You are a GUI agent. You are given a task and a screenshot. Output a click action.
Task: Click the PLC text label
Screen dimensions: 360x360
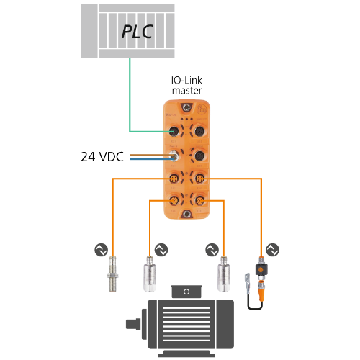tap(138, 32)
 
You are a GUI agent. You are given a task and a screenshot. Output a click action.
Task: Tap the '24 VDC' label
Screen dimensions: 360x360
tap(102, 157)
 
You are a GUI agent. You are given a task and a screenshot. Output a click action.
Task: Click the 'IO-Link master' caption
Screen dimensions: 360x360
tap(187, 86)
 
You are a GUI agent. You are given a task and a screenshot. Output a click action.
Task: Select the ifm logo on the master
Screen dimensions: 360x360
tap(202, 109)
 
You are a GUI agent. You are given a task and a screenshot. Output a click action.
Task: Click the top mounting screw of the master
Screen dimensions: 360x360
tap(186, 107)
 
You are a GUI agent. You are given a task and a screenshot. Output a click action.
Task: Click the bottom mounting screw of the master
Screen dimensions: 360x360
tap(186, 214)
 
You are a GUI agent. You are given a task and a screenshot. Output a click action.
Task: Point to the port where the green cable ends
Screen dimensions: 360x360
tap(174, 131)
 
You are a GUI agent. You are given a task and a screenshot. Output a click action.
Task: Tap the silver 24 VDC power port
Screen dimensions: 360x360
tap(174, 156)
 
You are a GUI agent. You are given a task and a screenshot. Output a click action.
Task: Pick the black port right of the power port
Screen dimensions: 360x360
tap(199, 156)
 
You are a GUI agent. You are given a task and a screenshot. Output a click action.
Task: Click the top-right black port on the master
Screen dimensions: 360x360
tap(199, 131)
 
